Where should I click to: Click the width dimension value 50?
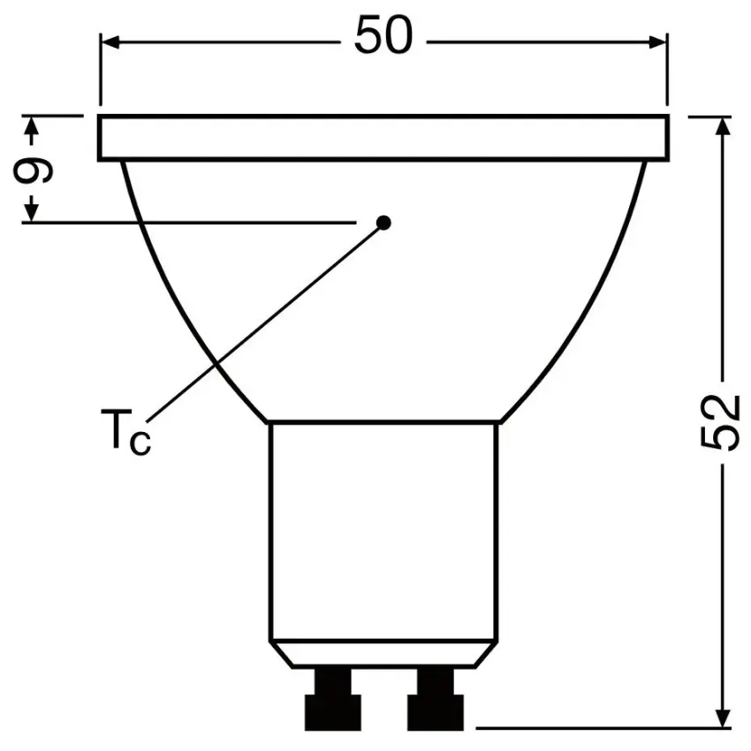coord(383,35)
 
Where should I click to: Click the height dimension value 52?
coord(717,422)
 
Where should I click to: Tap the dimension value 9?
coord(33,170)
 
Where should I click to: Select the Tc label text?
coord(125,430)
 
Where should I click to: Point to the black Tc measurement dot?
coord(383,223)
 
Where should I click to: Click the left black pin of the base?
coord(333,699)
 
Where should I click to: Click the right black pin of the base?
coord(436,699)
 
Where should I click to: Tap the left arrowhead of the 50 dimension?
coord(110,42)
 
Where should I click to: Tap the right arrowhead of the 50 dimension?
coord(657,42)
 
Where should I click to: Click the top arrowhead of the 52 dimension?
coord(723,125)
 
